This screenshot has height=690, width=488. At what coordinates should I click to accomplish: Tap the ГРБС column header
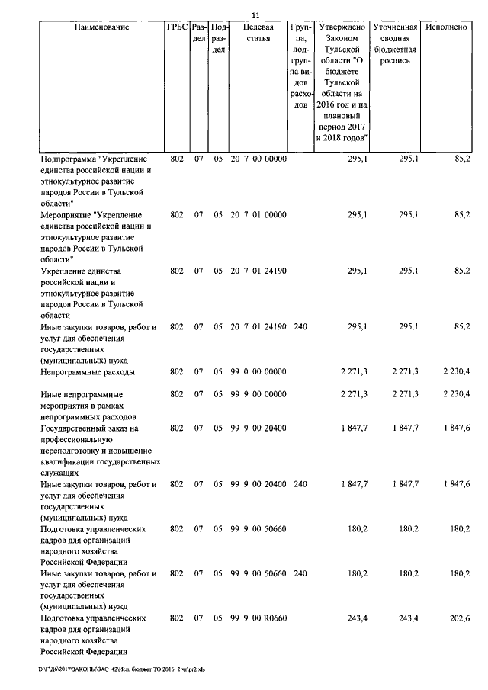(x=176, y=27)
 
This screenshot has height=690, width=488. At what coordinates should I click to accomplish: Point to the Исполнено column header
(x=447, y=27)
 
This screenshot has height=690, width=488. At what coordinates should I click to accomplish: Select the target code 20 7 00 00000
(x=258, y=159)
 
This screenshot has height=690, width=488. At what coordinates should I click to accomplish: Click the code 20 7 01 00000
(x=258, y=215)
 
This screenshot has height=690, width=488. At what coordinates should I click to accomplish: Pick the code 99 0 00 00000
(x=258, y=371)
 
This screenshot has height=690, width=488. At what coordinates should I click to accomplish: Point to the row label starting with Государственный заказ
(x=88, y=428)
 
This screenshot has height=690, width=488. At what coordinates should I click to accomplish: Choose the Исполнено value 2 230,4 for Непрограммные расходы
(x=455, y=371)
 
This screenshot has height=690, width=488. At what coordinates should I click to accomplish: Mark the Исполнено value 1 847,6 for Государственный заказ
(x=455, y=428)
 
